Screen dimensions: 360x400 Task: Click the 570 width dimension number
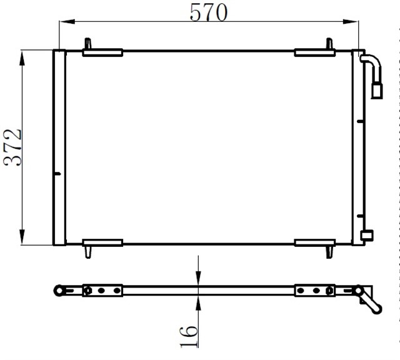[209, 12]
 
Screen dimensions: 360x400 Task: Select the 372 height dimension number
[12, 147]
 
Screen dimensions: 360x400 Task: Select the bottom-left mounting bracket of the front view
[102, 242]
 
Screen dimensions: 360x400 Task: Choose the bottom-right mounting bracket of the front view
[315, 242]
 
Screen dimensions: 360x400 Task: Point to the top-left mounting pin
[88, 44]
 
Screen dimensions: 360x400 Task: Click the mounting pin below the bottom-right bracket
[329, 251]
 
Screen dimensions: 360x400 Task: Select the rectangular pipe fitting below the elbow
[377, 91]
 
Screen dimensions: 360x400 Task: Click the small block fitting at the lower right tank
[367, 235]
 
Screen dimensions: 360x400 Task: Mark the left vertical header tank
[59, 147]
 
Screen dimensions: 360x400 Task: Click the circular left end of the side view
[59, 290]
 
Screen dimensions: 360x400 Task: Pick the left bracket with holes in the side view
[102, 290]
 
